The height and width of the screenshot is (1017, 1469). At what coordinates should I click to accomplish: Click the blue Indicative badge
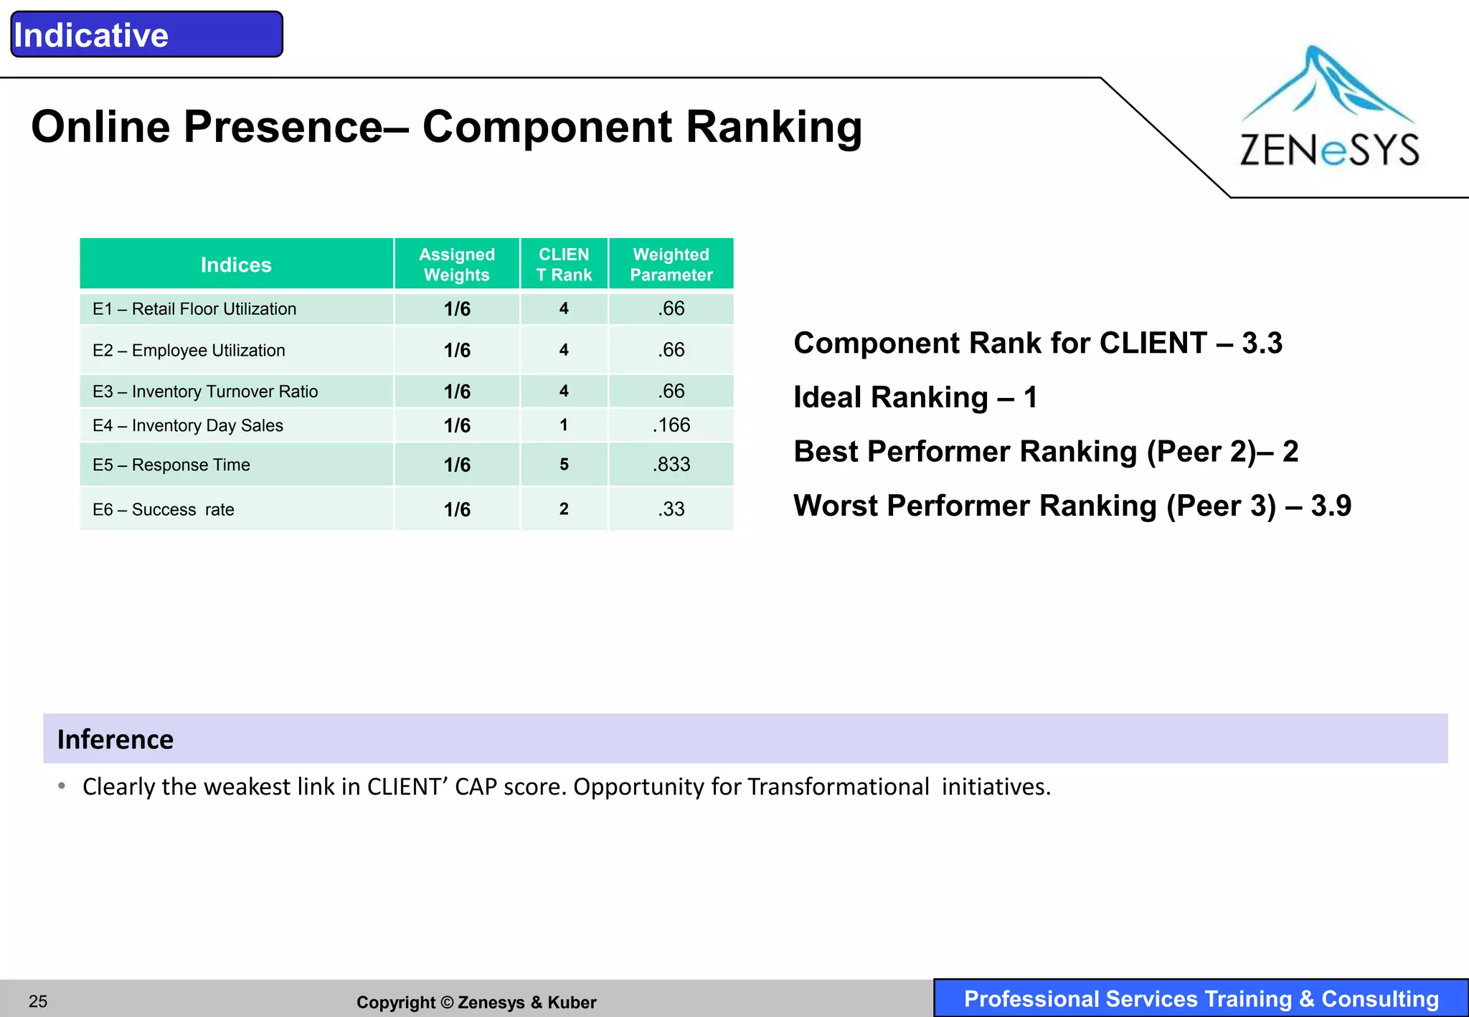(x=146, y=34)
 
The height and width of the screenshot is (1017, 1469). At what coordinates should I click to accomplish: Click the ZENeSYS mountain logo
(x=1329, y=108)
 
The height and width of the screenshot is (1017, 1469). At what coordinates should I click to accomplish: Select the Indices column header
(x=236, y=265)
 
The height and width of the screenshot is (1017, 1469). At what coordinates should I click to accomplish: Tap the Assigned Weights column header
(x=457, y=265)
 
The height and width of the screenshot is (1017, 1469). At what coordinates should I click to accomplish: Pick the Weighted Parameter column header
(x=671, y=265)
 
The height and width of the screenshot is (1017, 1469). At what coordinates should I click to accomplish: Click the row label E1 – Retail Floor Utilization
(x=194, y=309)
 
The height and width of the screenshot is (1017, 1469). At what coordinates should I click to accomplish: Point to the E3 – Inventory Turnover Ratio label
(x=205, y=392)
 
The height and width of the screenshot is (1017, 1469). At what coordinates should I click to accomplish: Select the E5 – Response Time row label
(x=171, y=465)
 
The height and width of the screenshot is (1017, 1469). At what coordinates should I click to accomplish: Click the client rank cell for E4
(x=564, y=425)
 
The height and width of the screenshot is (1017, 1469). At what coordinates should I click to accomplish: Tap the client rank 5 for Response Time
(x=564, y=465)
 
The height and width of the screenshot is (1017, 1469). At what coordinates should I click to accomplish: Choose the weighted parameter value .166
(x=671, y=425)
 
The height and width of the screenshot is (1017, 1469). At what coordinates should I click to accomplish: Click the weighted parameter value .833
(x=671, y=465)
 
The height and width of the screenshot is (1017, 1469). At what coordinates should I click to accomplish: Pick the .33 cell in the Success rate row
(x=671, y=509)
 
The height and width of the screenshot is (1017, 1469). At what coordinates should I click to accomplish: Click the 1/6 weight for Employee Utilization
(x=457, y=351)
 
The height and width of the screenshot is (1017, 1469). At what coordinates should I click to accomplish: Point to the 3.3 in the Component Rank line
(x=1262, y=344)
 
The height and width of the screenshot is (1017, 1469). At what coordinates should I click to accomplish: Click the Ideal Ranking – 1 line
(x=915, y=397)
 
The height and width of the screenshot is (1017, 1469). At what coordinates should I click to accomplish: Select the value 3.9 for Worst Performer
(x=1331, y=506)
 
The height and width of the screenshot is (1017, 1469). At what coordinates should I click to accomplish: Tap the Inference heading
(x=115, y=739)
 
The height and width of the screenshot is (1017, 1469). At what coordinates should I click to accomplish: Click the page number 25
(x=38, y=1001)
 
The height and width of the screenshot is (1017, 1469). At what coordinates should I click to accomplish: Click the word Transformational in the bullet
(x=838, y=787)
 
